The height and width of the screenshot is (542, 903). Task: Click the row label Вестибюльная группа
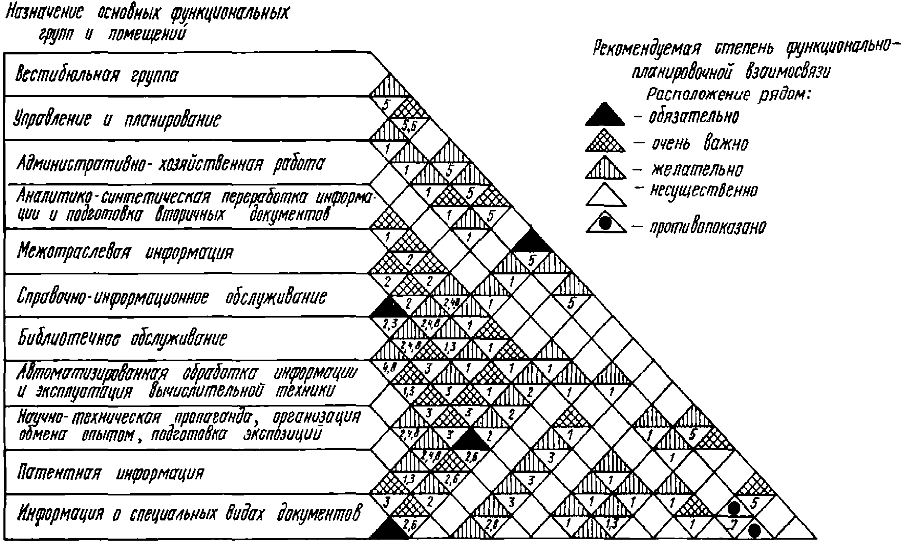[97, 76]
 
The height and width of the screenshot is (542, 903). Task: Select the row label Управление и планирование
[117, 119]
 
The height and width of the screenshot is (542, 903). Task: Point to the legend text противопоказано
[707, 227]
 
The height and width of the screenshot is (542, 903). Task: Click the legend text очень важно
[700, 143]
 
